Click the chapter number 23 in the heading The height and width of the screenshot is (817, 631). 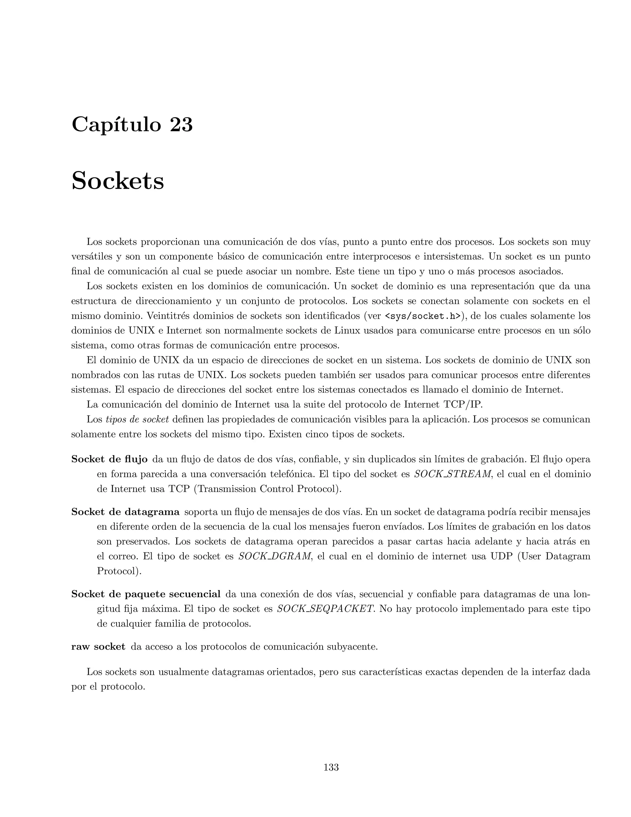point(181,125)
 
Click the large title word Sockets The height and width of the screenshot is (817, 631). point(117,181)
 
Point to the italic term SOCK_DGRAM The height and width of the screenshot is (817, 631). point(275,556)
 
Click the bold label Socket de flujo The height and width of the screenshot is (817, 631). point(109,459)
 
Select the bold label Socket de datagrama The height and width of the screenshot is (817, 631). point(125,511)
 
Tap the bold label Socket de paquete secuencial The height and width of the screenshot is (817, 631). point(146,594)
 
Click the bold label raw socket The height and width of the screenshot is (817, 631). point(98,647)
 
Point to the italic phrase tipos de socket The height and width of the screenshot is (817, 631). point(137,419)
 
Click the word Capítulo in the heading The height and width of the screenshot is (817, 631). point(116,125)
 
